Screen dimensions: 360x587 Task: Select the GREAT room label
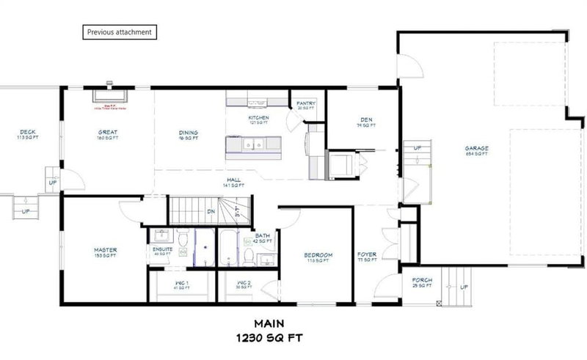[109, 133]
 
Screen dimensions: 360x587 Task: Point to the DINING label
[189, 133]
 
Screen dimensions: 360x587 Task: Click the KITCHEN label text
[258, 117]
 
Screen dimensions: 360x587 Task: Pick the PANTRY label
[306, 104]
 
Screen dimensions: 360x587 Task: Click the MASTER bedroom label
[106, 250]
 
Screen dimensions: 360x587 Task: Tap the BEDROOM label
[319, 255]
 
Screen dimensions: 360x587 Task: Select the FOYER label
[367, 255]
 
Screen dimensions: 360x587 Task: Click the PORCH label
[422, 280]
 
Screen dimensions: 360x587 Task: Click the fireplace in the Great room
[109, 95]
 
